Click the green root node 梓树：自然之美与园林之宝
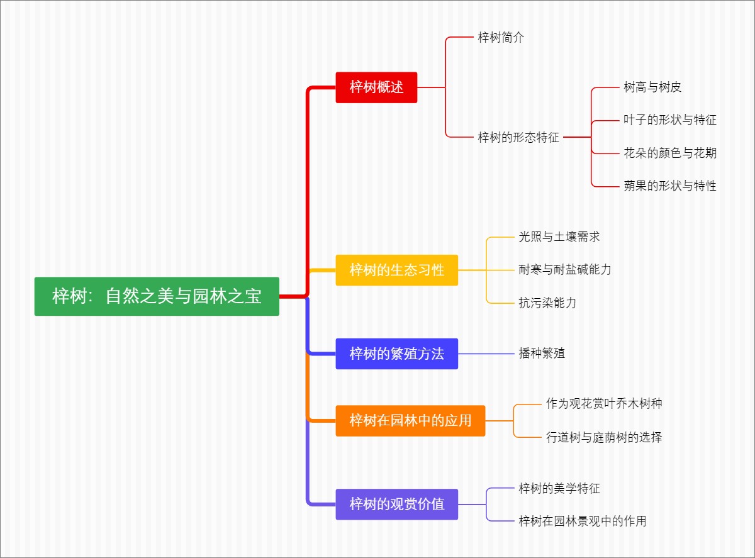point(157,296)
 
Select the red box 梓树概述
point(376,87)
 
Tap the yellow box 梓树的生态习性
point(396,270)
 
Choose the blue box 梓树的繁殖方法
point(396,354)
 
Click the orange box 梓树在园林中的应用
point(410,420)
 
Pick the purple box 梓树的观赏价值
point(396,504)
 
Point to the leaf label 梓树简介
point(501,38)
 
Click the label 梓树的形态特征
point(518,137)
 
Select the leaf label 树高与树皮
point(652,87)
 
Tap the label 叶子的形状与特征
point(670,120)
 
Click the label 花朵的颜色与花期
point(670,153)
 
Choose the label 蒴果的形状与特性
point(670,186)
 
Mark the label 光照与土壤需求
point(559,237)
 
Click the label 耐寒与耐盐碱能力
point(565,270)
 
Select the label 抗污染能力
point(547,303)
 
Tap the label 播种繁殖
point(542,354)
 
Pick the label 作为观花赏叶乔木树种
point(604,404)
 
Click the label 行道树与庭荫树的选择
point(604,437)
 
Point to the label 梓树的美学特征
point(559,488)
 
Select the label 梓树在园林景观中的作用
point(583,521)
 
